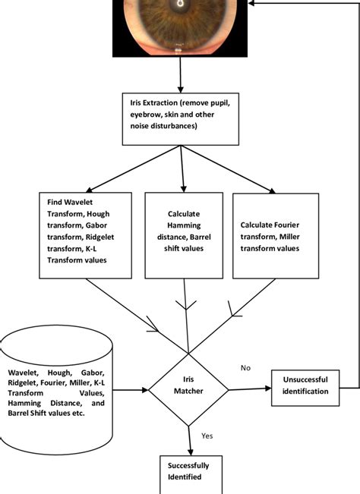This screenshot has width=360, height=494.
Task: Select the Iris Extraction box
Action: pyautogui.click(x=180, y=119)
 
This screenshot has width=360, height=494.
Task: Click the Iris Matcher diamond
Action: pyautogui.click(x=187, y=391)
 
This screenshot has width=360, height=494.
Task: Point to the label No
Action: pyautogui.click(x=245, y=367)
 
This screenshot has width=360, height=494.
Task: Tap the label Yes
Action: pyautogui.click(x=207, y=437)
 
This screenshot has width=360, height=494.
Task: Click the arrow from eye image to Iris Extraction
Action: pyautogui.click(x=180, y=74)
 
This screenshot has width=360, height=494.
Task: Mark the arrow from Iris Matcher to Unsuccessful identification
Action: pyautogui.click(x=248, y=389)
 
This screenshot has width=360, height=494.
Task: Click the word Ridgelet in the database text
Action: pyautogui.click(x=27, y=383)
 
